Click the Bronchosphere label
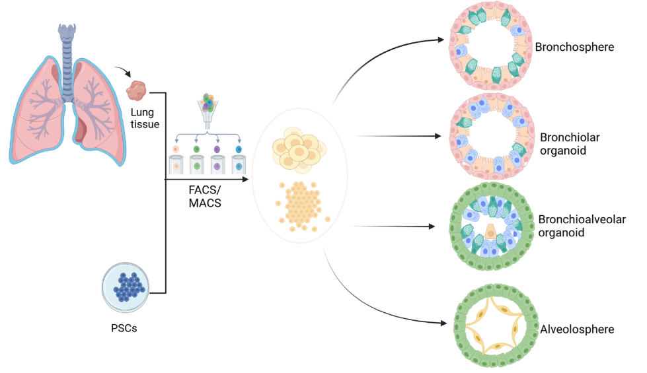click(x=574, y=48)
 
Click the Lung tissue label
click(x=145, y=118)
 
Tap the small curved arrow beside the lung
click(x=122, y=71)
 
